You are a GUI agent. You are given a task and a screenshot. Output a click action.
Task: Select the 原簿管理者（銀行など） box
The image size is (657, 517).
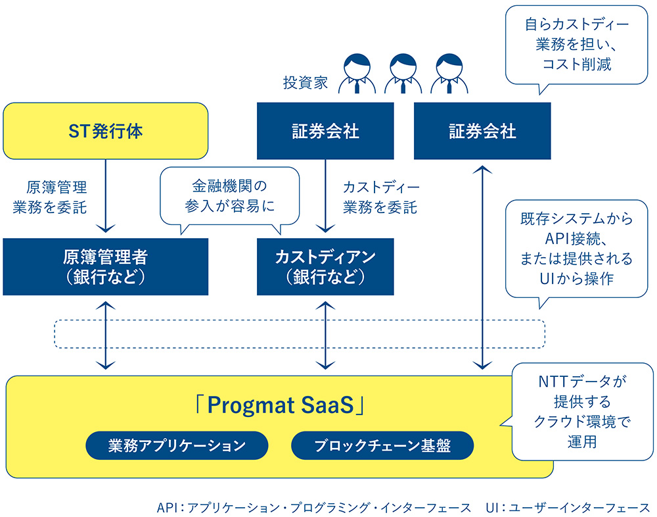point(105,266)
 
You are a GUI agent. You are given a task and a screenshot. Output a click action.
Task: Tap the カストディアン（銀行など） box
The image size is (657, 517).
point(325,266)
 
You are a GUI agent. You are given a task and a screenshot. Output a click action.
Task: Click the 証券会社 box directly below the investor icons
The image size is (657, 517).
point(325,131)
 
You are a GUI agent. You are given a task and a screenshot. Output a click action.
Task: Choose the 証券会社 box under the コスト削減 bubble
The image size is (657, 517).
point(482,131)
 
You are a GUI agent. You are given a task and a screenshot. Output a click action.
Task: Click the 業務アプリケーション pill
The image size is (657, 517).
point(177,445)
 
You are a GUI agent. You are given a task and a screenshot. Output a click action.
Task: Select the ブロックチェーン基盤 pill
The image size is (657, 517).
point(382,445)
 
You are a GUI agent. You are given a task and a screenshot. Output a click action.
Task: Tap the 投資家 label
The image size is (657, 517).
point(306,83)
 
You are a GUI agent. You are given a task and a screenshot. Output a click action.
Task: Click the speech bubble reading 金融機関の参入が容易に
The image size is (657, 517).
point(229,196)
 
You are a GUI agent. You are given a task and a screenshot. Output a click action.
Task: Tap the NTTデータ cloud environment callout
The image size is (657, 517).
point(582,411)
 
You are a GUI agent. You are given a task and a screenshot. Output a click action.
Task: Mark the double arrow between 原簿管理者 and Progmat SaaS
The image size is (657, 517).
point(105,335)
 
